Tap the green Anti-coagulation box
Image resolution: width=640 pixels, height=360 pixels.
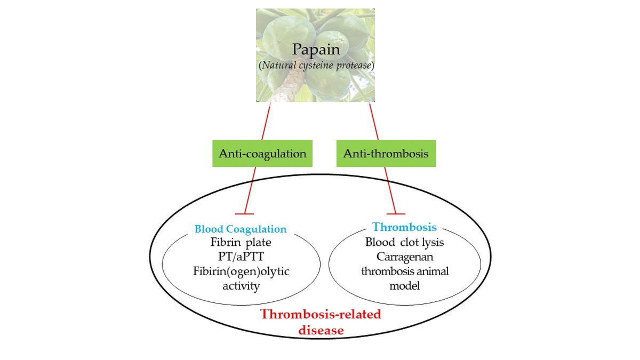262,154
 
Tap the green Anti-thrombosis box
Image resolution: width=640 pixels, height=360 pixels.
386,154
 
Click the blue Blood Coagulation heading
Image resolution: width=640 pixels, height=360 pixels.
241,229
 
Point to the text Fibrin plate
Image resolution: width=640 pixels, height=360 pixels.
241,243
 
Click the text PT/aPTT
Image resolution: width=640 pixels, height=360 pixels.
241,257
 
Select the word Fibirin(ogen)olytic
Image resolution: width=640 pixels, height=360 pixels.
241,271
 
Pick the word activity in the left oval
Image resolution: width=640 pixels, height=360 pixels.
241,286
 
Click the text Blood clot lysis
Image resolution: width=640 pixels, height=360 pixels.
404,242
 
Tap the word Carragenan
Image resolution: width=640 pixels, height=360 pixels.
404,257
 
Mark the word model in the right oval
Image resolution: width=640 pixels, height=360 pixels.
404,285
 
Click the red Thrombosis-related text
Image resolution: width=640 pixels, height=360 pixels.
321,314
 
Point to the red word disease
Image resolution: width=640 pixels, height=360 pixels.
321,330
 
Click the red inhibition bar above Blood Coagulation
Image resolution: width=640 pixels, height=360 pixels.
244,213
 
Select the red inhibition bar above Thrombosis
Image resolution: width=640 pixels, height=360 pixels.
395,213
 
